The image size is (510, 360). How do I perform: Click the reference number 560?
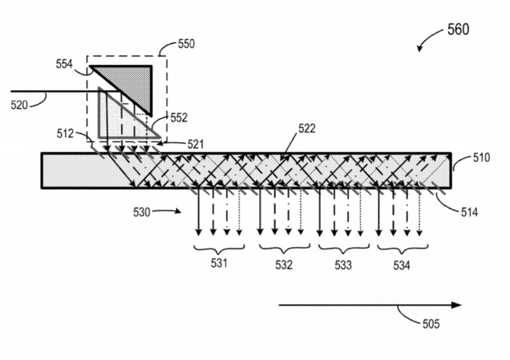(x=458, y=29)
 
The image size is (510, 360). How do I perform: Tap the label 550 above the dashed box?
(x=186, y=44)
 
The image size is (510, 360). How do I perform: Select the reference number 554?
(x=64, y=64)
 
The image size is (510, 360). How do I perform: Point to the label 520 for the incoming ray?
(x=19, y=105)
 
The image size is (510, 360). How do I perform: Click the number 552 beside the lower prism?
(x=179, y=118)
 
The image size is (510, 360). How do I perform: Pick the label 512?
(x=66, y=134)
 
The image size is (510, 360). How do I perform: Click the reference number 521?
(x=195, y=144)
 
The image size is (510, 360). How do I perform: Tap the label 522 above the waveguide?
(x=307, y=129)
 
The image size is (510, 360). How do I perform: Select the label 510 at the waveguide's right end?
(x=482, y=157)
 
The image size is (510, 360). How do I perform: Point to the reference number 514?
(x=469, y=212)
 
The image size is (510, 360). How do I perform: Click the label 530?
(x=141, y=212)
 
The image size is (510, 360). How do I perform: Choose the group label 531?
(x=219, y=263)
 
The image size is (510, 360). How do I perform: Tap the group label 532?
(x=284, y=265)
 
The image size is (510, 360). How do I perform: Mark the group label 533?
(x=343, y=265)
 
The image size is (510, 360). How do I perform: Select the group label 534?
(x=402, y=266)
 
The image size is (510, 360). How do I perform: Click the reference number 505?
(x=431, y=324)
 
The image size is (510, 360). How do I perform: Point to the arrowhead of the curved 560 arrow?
(x=420, y=49)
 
